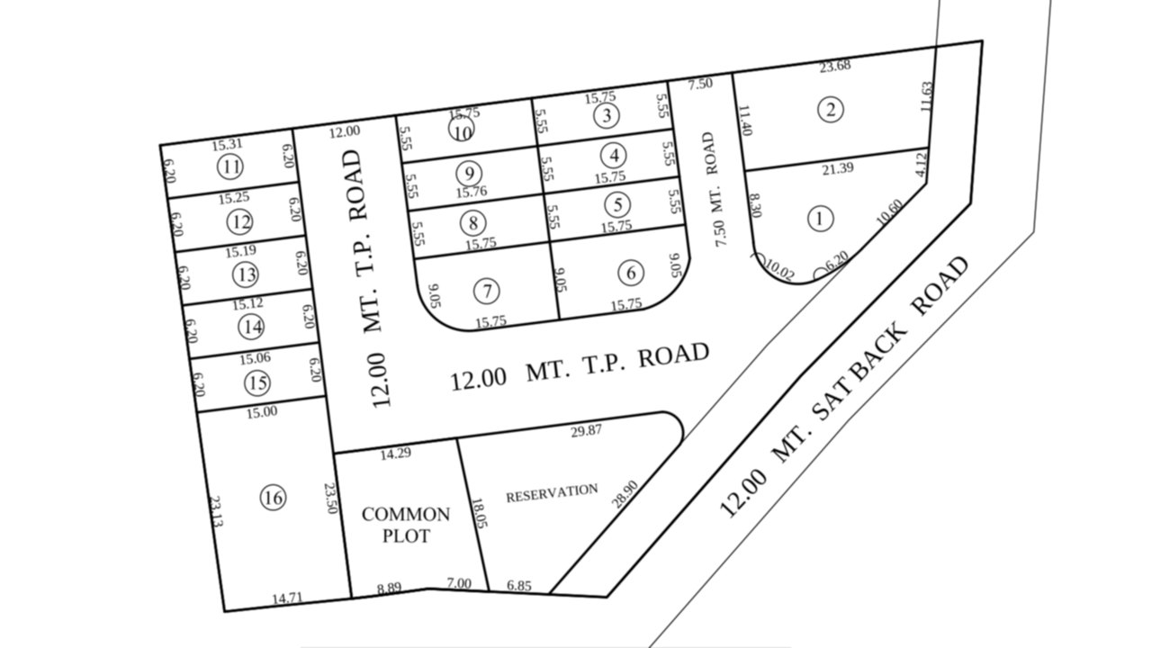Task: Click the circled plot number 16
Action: coord(273,497)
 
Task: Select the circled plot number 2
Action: coord(830,110)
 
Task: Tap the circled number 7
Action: coord(487,291)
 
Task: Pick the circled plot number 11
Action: coord(230,167)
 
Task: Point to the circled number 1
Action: coord(820,218)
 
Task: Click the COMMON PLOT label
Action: coord(406,525)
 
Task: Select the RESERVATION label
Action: coord(552,492)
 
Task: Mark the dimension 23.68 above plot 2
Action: coord(835,65)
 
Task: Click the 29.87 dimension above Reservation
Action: coord(586,431)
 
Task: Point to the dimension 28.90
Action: coord(625,494)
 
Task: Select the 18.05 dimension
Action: coord(477,514)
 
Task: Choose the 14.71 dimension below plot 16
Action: coord(289,598)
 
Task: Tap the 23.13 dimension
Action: coord(215,511)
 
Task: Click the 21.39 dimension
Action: coord(838,168)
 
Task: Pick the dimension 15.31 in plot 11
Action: coord(228,144)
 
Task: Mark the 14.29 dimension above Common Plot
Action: coord(395,453)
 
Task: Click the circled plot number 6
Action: coord(631,272)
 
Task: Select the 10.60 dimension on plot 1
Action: coord(888,212)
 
